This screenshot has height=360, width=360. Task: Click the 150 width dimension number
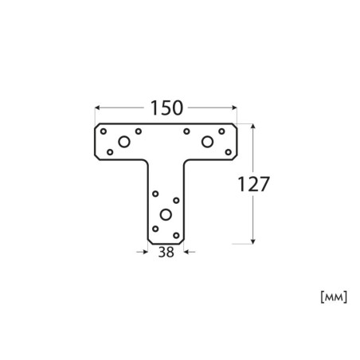[x=166, y=108]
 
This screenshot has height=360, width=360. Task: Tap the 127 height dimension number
[x=253, y=184]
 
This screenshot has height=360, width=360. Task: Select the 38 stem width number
[x=166, y=252]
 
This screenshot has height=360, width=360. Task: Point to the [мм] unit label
[x=334, y=297]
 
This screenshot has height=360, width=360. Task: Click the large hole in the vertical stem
[x=166, y=214]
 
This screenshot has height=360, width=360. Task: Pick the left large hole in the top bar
[x=124, y=142]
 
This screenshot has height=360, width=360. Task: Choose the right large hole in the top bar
[x=207, y=142]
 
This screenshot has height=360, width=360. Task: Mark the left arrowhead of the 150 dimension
[x=97, y=108]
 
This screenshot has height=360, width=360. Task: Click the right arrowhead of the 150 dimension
[x=234, y=108]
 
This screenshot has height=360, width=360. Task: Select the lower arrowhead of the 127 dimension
[x=253, y=241]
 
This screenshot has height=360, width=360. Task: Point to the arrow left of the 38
[x=143, y=252]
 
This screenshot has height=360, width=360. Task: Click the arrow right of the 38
[x=190, y=252]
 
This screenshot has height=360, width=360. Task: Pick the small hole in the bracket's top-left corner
[x=104, y=131]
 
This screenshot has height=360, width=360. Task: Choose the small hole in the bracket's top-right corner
[x=221, y=131]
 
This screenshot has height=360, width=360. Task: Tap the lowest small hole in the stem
[x=176, y=235]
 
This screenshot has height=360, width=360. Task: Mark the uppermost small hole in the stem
[x=155, y=194]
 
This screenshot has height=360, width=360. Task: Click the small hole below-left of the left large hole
[x=110, y=152]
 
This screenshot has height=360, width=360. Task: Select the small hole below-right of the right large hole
[x=228, y=152]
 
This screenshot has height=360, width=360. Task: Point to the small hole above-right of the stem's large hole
[x=176, y=201]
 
